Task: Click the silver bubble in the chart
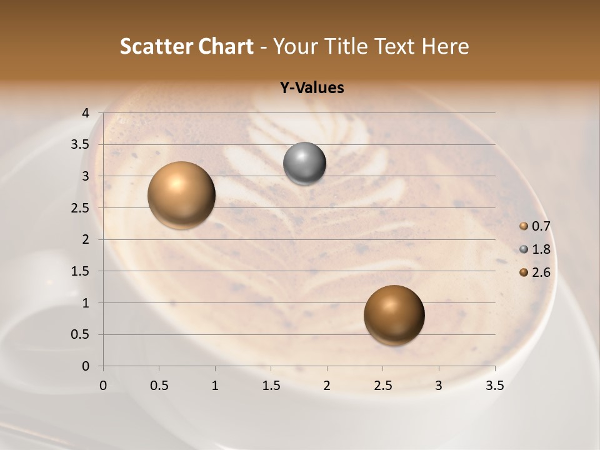304,164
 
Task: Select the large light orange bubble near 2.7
181,195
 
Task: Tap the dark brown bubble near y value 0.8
394,315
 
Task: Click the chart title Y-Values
311,87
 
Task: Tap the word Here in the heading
444,46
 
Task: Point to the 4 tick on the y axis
86,113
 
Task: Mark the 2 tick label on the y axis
86,239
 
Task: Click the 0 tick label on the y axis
86,366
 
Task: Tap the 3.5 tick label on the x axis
494,386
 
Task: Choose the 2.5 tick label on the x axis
382,386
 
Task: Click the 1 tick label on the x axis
215,386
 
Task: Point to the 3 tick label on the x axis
439,386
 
